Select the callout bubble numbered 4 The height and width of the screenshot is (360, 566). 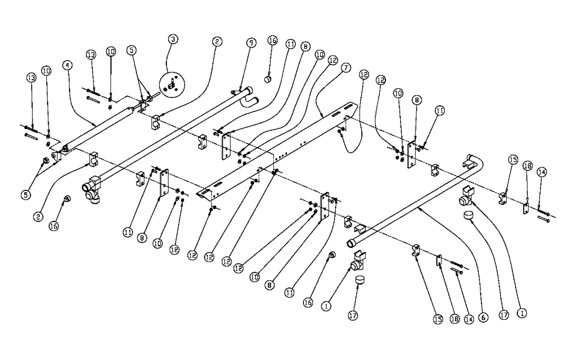click(x=68, y=65)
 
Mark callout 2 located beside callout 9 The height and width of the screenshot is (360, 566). click(x=217, y=41)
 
